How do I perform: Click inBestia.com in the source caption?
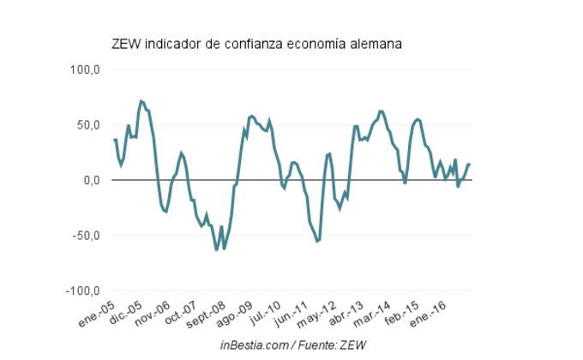[x=251, y=345]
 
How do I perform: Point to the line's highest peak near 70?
[x=141, y=101]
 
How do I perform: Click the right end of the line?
[x=470, y=165]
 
